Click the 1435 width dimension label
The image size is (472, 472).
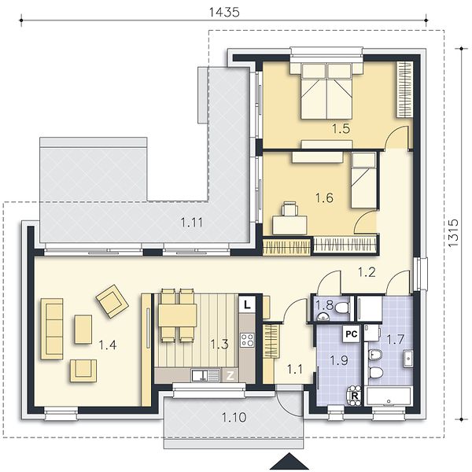[224, 12]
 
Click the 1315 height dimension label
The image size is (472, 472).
[453, 233]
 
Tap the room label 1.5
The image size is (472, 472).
[341, 128]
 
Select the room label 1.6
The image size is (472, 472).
[324, 198]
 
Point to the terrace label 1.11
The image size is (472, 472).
[192, 223]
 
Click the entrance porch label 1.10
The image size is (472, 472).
[234, 418]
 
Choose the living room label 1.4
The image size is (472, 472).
[108, 345]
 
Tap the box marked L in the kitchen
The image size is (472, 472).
[247, 305]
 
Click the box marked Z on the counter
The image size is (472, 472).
[230, 376]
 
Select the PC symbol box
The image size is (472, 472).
[352, 334]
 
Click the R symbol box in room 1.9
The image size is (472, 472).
[355, 396]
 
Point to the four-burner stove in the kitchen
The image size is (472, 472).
[247, 340]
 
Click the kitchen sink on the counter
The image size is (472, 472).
[205, 376]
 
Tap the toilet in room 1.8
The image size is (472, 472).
[342, 308]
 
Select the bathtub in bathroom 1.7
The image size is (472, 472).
[389, 396]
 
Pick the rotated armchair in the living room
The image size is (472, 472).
[112, 301]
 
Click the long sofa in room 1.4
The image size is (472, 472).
[52, 329]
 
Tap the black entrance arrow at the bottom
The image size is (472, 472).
[289, 461]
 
